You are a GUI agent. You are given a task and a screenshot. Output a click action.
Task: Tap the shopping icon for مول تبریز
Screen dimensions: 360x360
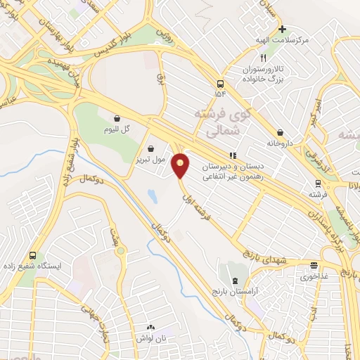153,148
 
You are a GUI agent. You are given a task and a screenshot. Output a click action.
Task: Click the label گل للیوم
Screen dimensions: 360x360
117,129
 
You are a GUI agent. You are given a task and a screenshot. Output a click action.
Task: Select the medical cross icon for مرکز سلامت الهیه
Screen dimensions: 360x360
282,30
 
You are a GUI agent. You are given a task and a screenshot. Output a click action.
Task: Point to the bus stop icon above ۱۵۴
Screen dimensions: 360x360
221,80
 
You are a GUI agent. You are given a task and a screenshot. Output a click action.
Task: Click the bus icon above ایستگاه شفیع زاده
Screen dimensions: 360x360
32,256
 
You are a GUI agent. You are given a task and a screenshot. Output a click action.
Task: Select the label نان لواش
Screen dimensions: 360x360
152,338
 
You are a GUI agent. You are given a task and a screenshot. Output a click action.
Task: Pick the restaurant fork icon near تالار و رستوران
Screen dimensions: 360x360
262,59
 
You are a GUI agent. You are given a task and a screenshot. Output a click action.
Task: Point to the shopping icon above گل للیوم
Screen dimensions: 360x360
116,118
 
